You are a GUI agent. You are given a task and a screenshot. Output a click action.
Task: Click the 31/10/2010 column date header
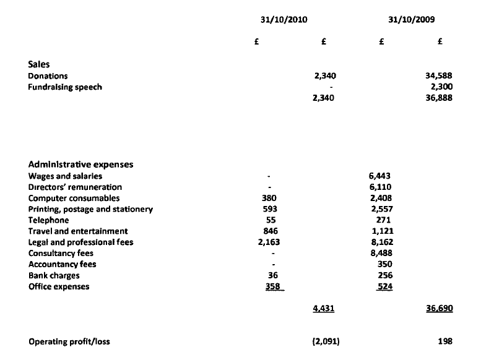click(285, 19)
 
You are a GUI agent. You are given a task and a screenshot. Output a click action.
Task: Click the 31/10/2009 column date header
click(411, 19)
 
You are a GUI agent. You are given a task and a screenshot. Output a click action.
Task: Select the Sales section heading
click(39, 64)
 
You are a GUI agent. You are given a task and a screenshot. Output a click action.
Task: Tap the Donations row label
click(48, 75)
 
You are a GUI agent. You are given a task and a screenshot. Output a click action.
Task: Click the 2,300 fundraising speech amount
click(443, 87)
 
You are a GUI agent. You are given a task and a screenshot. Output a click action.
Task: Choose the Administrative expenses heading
click(80, 165)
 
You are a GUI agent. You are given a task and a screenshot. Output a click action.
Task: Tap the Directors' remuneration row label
click(75, 187)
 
